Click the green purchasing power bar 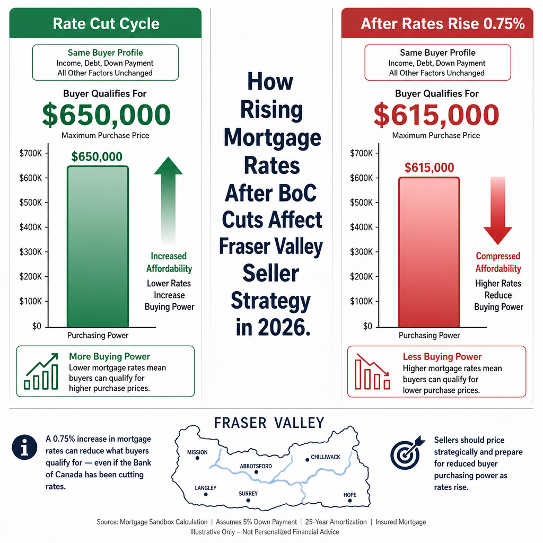coord(98,247)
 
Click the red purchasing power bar coord(429,252)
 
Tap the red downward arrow coord(498,211)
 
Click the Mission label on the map coord(197,452)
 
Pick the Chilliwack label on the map coord(326,457)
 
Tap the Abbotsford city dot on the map coord(256,472)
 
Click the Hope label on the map coord(350,495)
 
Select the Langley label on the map coord(205,488)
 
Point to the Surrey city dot coord(248,501)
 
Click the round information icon coord(24,447)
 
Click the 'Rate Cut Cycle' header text coord(106,23)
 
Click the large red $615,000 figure coord(436,115)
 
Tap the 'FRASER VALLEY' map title coord(269,423)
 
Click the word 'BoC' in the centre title coord(297,192)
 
